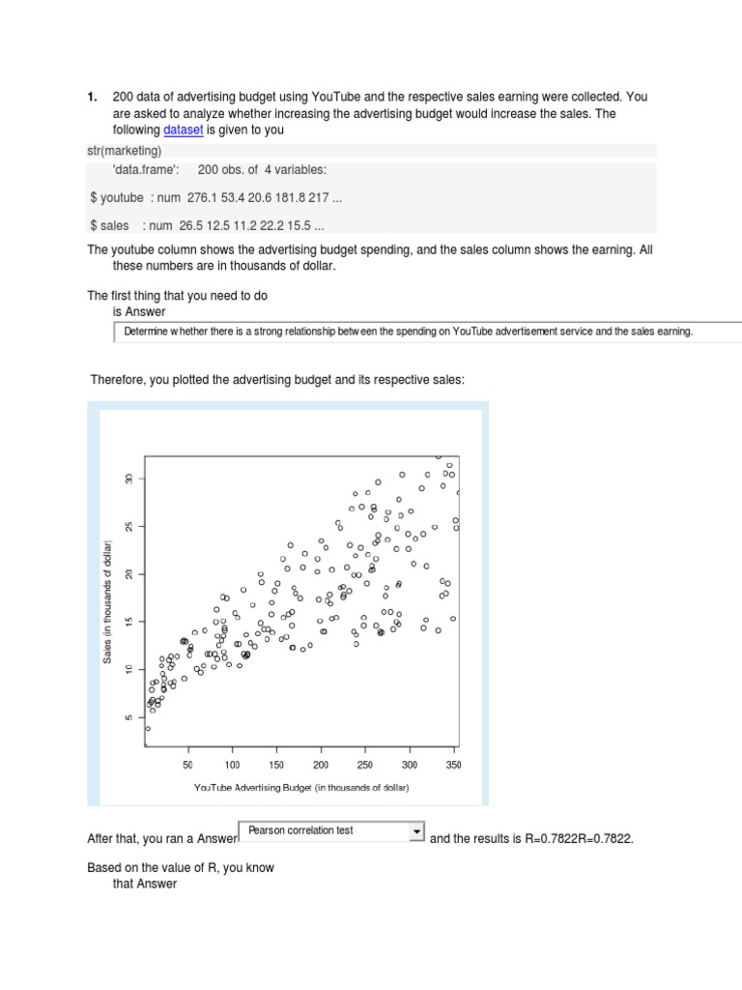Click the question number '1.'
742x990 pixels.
[93, 97]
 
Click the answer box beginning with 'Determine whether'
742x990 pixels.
[425, 332]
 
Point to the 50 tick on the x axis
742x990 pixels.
[187, 764]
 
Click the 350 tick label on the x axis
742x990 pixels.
[452, 764]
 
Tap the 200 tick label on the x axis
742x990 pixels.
[320, 764]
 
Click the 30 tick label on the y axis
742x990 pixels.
[128, 480]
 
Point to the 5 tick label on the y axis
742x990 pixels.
[128, 717]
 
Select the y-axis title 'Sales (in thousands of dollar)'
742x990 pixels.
[109, 599]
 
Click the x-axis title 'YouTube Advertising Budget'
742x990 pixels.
[301, 788]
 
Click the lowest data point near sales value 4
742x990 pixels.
[148, 729]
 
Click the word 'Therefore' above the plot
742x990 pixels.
[117, 381]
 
